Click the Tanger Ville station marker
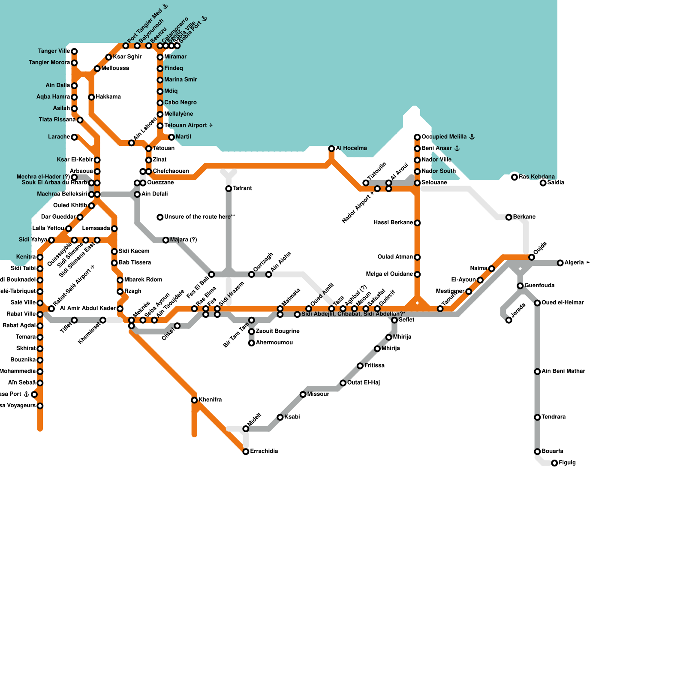click(x=74, y=51)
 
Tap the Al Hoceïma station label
click(x=351, y=148)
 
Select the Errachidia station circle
click(x=246, y=451)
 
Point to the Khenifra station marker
click(x=194, y=400)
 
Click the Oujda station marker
click(x=532, y=257)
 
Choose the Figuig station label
click(x=567, y=463)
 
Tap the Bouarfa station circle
click(x=537, y=451)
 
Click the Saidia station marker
click(x=543, y=183)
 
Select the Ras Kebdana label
click(x=536, y=177)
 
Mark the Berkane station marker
click(x=509, y=217)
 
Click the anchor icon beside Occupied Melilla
click(x=472, y=137)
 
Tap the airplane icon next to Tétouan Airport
click(x=211, y=126)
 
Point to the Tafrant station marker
click(x=229, y=189)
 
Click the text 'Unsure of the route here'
click(x=197, y=217)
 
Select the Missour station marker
click(x=303, y=394)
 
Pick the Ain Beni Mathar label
click(x=563, y=371)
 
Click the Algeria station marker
click(x=560, y=263)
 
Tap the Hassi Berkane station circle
click(x=417, y=223)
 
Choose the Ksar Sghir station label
click(x=127, y=57)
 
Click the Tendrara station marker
click(x=537, y=417)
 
